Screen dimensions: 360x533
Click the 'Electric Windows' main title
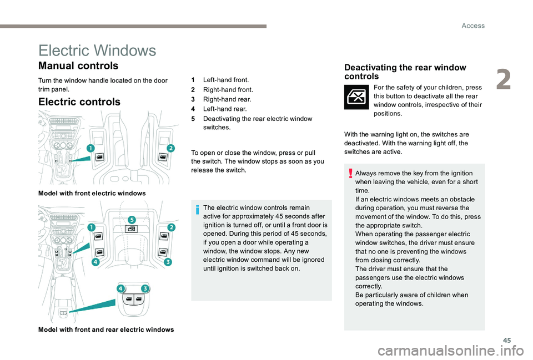(97, 50)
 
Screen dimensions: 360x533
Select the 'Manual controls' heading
(78, 66)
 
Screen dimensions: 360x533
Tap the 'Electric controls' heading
(79, 102)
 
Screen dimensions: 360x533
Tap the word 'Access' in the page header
(473, 26)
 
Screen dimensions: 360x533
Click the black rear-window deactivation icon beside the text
(356, 98)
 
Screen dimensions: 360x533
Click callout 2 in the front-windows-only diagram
(170, 148)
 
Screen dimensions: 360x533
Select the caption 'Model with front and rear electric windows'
(105, 329)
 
